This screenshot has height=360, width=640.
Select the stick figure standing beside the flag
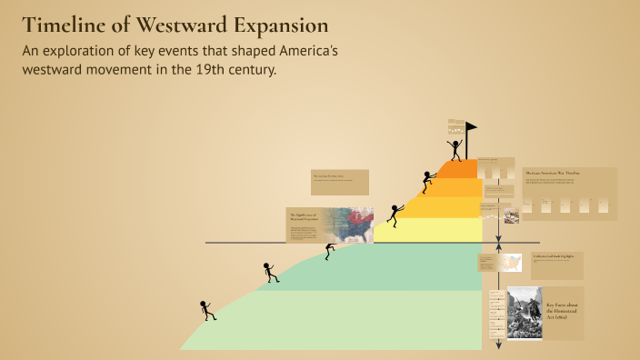455,148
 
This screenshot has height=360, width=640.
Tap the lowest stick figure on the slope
208,310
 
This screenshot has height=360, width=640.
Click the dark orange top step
459,169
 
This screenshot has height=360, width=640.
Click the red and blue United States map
350,225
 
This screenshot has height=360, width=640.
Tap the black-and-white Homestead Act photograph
524,313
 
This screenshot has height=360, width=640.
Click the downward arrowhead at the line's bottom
498,345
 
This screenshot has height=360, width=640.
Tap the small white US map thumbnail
512,263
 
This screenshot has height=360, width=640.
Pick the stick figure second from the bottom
270,272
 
